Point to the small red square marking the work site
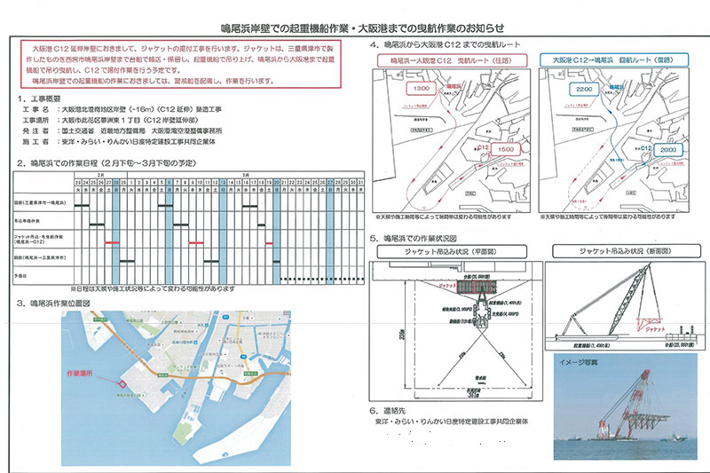tap(122, 383)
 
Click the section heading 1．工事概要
tap(44, 99)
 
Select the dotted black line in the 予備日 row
tap(222, 278)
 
